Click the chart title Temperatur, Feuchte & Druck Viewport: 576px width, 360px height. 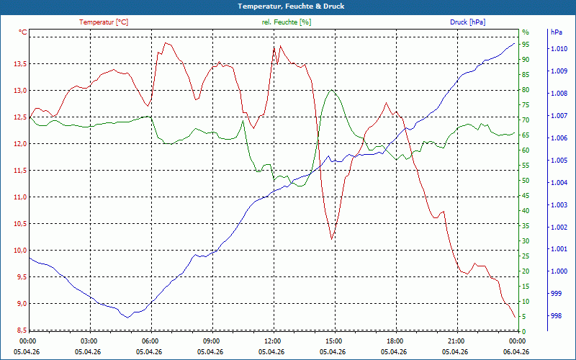point(291,6)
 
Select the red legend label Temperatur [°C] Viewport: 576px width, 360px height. point(104,22)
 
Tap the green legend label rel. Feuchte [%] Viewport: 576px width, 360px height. point(287,22)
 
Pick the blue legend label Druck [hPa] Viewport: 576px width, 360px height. point(467,22)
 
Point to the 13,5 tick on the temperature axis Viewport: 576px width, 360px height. point(20,64)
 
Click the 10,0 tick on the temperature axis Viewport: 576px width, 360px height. point(20,251)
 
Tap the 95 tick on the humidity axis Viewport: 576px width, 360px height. point(526,45)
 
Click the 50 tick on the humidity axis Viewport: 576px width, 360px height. point(526,181)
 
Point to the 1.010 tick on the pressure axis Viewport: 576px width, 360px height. point(559,49)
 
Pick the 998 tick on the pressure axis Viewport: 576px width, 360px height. point(556,316)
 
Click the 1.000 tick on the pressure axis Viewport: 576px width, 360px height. point(559,271)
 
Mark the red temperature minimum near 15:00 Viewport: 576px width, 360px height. point(332,240)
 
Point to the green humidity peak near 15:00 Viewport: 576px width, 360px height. point(331,90)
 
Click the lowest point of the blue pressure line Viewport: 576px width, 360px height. point(127,318)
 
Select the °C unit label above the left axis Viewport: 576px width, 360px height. point(23,32)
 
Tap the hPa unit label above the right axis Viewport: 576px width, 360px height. point(557,32)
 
